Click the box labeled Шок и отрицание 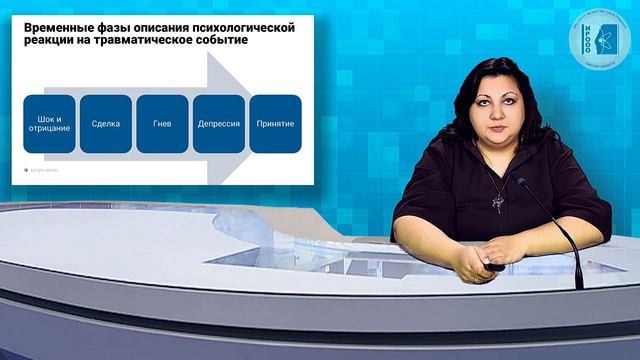49,123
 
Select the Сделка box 105,123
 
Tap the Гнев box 162,123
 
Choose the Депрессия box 219,123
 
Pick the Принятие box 275,123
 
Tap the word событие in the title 221,45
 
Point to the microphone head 521,182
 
